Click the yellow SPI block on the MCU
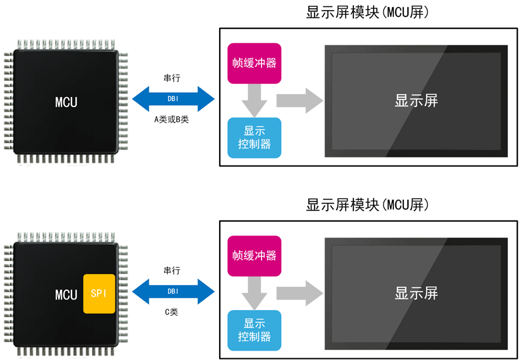point(99,294)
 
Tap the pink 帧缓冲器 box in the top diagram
point(254,63)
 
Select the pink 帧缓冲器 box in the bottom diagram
point(254,255)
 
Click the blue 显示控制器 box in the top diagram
point(254,138)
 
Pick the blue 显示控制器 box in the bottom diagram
point(254,330)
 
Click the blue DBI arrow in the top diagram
point(173,99)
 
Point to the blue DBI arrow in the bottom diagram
point(173,291)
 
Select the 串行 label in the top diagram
point(172,78)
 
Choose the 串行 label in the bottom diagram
point(172,270)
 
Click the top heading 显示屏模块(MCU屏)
point(368,13)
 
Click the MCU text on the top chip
point(66,103)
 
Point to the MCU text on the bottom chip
point(66,295)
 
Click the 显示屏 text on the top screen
point(416,101)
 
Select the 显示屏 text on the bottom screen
point(416,293)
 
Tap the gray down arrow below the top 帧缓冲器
point(254,99)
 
